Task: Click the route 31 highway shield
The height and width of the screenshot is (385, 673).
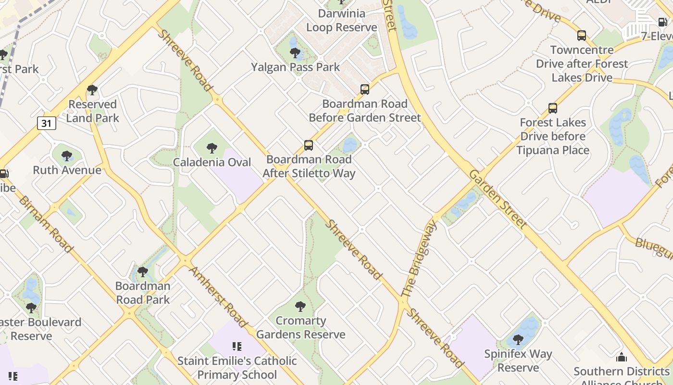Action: pyautogui.click(x=46, y=123)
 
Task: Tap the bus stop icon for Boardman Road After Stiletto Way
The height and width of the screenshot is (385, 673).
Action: pyautogui.click(x=309, y=145)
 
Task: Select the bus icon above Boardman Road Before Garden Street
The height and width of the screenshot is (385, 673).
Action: pyautogui.click(x=365, y=90)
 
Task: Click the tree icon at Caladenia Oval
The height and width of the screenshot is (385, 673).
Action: pyautogui.click(x=212, y=148)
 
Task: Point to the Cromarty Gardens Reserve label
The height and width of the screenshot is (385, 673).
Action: pyautogui.click(x=300, y=328)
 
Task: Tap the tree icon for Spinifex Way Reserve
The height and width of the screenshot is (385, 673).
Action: pyautogui.click(x=518, y=340)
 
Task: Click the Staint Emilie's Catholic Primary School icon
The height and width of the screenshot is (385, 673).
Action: pyautogui.click(x=237, y=346)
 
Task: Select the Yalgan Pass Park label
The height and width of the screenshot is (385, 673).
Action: pyautogui.click(x=295, y=67)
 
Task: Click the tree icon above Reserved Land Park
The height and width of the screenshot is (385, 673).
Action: pyautogui.click(x=92, y=90)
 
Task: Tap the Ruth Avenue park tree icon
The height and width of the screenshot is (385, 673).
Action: pyautogui.click(x=67, y=156)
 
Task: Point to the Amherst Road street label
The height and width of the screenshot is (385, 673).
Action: pyautogui.click(x=219, y=296)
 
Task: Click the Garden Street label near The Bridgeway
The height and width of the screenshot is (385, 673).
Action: pyautogui.click(x=498, y=198)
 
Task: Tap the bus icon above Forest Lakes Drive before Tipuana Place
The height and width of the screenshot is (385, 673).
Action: pyautogui.click(x=553, y=108)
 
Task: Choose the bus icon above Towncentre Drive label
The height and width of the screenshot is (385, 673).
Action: pyautogui.click(x=582, y=36)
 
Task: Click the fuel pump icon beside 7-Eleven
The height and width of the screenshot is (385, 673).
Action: pyautogui.click(x=662, y=22)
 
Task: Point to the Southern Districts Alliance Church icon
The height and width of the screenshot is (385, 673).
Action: pyautogui.click(x=622, y=358)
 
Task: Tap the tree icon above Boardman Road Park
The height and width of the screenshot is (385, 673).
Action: pyautogui.click(x=142, y=272)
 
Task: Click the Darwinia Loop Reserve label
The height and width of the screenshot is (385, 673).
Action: pyautogui.click(x=341, y=21)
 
